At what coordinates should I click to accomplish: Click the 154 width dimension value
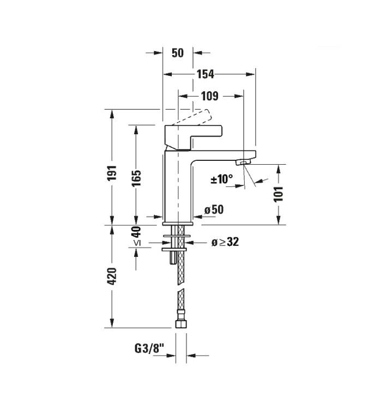pos(205,74)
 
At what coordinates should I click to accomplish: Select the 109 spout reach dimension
pos(210,96)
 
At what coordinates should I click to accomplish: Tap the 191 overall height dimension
pos(112,173)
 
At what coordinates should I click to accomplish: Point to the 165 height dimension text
pos(136,178)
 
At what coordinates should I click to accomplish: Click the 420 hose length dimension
pos(112,276)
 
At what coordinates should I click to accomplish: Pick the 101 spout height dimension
pos(278,194)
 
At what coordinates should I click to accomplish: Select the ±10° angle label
pos(222,179)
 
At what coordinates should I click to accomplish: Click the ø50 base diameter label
pos(214,209)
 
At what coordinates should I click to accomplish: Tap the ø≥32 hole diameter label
pos(225,242)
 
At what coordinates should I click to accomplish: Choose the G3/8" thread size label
pos(150,348)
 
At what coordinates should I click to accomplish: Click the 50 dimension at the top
pos(178,53)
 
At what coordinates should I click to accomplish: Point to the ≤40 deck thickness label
pos(136,236)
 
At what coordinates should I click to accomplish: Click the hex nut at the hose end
pos(181,324)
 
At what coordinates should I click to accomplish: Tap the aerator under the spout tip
pos(243,163)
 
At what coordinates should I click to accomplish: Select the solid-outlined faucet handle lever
pos(193,138)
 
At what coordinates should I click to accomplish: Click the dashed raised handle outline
pos(192,117)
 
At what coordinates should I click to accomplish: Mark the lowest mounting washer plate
pos(174,250)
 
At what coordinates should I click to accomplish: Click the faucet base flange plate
pos(178,224)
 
